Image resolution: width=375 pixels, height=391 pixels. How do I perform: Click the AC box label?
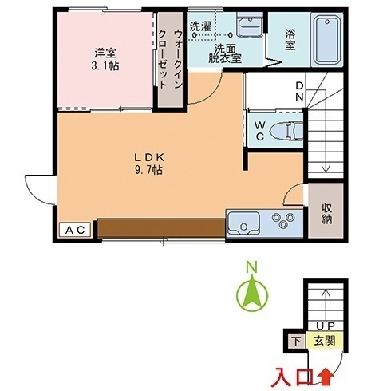pos(75,230)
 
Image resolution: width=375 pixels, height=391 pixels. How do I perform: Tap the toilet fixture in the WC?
pos(286,131)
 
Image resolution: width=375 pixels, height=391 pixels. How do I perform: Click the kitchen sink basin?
pos(244,223)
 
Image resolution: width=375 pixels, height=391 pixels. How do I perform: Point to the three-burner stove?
pos(283,220)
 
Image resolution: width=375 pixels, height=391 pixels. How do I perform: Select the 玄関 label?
pos(325,341)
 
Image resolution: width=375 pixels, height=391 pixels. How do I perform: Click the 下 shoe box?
pos(297,341)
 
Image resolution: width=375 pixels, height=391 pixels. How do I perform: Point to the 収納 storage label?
pos(326,214)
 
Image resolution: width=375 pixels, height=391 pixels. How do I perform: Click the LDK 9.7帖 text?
pos(149,164)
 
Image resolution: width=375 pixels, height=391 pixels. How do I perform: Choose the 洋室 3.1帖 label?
pos(105,59)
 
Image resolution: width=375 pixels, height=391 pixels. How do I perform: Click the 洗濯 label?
pos(200,26)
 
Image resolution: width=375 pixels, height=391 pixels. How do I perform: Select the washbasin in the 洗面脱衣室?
pos(250,25)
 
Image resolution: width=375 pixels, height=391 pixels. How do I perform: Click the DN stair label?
pos(299,91)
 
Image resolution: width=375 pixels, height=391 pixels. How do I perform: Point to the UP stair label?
pos(326,326)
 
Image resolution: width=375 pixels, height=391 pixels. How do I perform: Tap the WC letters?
pos(259,131)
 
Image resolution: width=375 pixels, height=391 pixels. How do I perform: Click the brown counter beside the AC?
pos(161,227)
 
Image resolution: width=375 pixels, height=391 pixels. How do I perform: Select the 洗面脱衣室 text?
pos(225,53)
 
